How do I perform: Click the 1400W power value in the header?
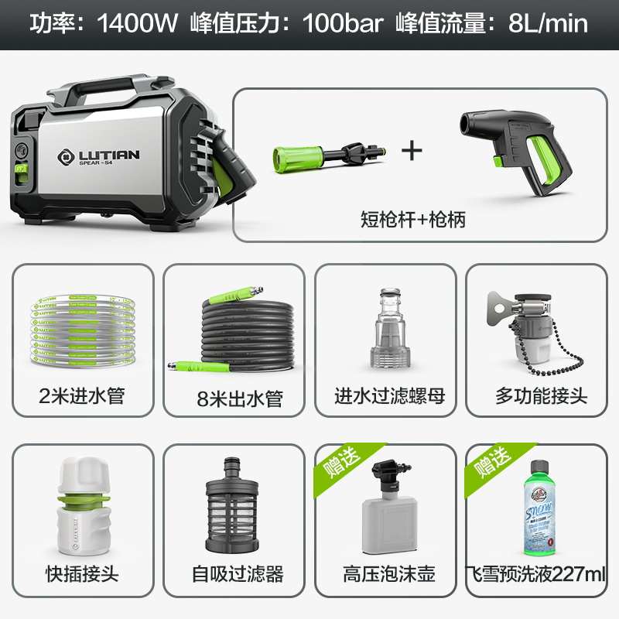[137, 23]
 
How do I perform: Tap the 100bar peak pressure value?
[343, 23]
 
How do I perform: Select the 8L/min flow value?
[548, 23]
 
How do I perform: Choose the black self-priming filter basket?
[232, 507]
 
